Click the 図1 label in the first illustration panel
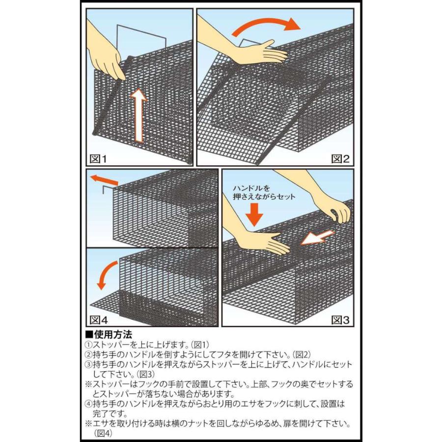(x=97, y=158)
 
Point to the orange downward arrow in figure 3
(x=254, y=213)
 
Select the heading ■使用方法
(x=109, y=334)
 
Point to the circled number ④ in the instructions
(x=88, y=404)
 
